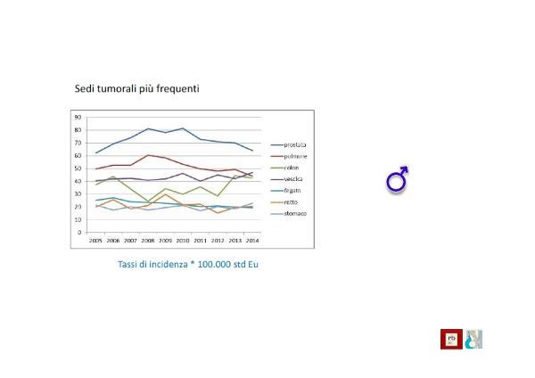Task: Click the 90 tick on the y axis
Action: coord(78,117)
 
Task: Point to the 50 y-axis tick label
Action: coord(78,168)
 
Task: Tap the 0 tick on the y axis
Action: coord(80,233)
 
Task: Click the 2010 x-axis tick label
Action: coord(182,241)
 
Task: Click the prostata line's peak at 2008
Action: coord(148,128)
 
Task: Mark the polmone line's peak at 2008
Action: coord(148,155)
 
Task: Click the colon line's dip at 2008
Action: coord(148,201)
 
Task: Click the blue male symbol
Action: coord(398,180)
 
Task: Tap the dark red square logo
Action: coord(449,339)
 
